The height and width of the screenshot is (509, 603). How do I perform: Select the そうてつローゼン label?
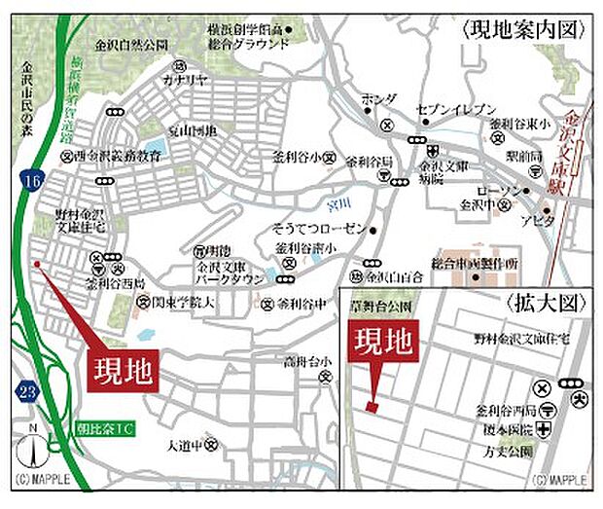[x=318, y=227]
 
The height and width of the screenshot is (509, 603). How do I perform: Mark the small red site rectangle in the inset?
[x=372, y=404]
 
